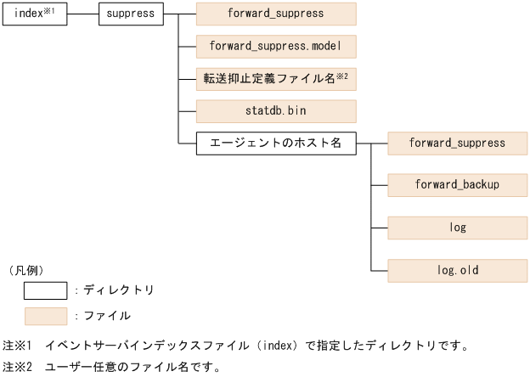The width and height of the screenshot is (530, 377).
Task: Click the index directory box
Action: click(x=34, y=14)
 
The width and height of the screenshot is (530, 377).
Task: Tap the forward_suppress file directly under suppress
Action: click(x=276, y=14)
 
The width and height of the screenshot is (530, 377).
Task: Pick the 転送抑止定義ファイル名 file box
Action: click(x=276, y=79)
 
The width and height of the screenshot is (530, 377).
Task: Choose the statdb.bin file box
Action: click(x=276, y=111)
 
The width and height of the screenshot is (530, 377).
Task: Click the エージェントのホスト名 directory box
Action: click(x=276, y=143)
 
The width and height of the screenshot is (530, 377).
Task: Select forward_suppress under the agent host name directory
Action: click(x=458, y=143)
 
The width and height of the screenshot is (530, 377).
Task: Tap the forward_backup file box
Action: click(x=458, y=184)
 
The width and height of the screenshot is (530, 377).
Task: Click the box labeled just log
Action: click(x=458, y=228)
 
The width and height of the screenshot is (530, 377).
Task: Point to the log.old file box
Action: click(x=458, y=271)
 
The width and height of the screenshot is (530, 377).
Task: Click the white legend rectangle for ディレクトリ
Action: click(x=45, y=290)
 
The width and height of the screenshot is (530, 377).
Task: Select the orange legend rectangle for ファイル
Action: click(x=45, y=316)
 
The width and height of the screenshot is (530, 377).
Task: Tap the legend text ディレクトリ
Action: click(x=118, y=290)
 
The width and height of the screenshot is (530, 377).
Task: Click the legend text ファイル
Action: click(x=106, y=316)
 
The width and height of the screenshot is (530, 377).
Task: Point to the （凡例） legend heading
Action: click(x=26, y=270)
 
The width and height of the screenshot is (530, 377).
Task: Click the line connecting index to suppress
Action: click(x=82, y=14)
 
